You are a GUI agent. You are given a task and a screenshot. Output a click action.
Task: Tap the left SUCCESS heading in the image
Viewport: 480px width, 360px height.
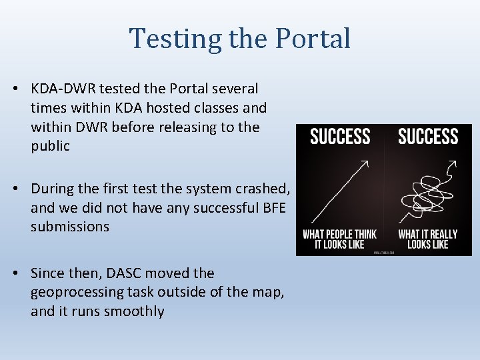pyautogui.click(x=340, y=137)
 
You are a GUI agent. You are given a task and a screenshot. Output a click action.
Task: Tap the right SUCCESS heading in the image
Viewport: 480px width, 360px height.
pyautogui.click(x=428, y=137)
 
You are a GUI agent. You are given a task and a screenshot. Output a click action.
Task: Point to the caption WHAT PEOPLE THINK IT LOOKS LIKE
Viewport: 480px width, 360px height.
pyautogui.click(x=340, y=239)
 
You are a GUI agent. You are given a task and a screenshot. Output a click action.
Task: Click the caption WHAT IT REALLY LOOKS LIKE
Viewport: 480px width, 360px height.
pyautogui.click(x=428, y=239)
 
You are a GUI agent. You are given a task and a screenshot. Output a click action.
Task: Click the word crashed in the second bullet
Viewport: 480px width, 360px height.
pyautogui.click(x=261, y=189)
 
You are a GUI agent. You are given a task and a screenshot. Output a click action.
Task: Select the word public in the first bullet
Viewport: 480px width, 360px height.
pyautogui.click(x=50, y=146)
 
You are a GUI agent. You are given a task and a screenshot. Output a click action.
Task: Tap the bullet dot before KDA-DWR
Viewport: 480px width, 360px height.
pyautogui.click(x=20, y=89)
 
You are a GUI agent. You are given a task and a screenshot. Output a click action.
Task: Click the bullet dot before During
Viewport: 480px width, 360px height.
pyautogui.click(x=20, y=189)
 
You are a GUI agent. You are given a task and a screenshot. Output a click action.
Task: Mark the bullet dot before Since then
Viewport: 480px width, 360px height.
pyautogui.click(x=20, y=273)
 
